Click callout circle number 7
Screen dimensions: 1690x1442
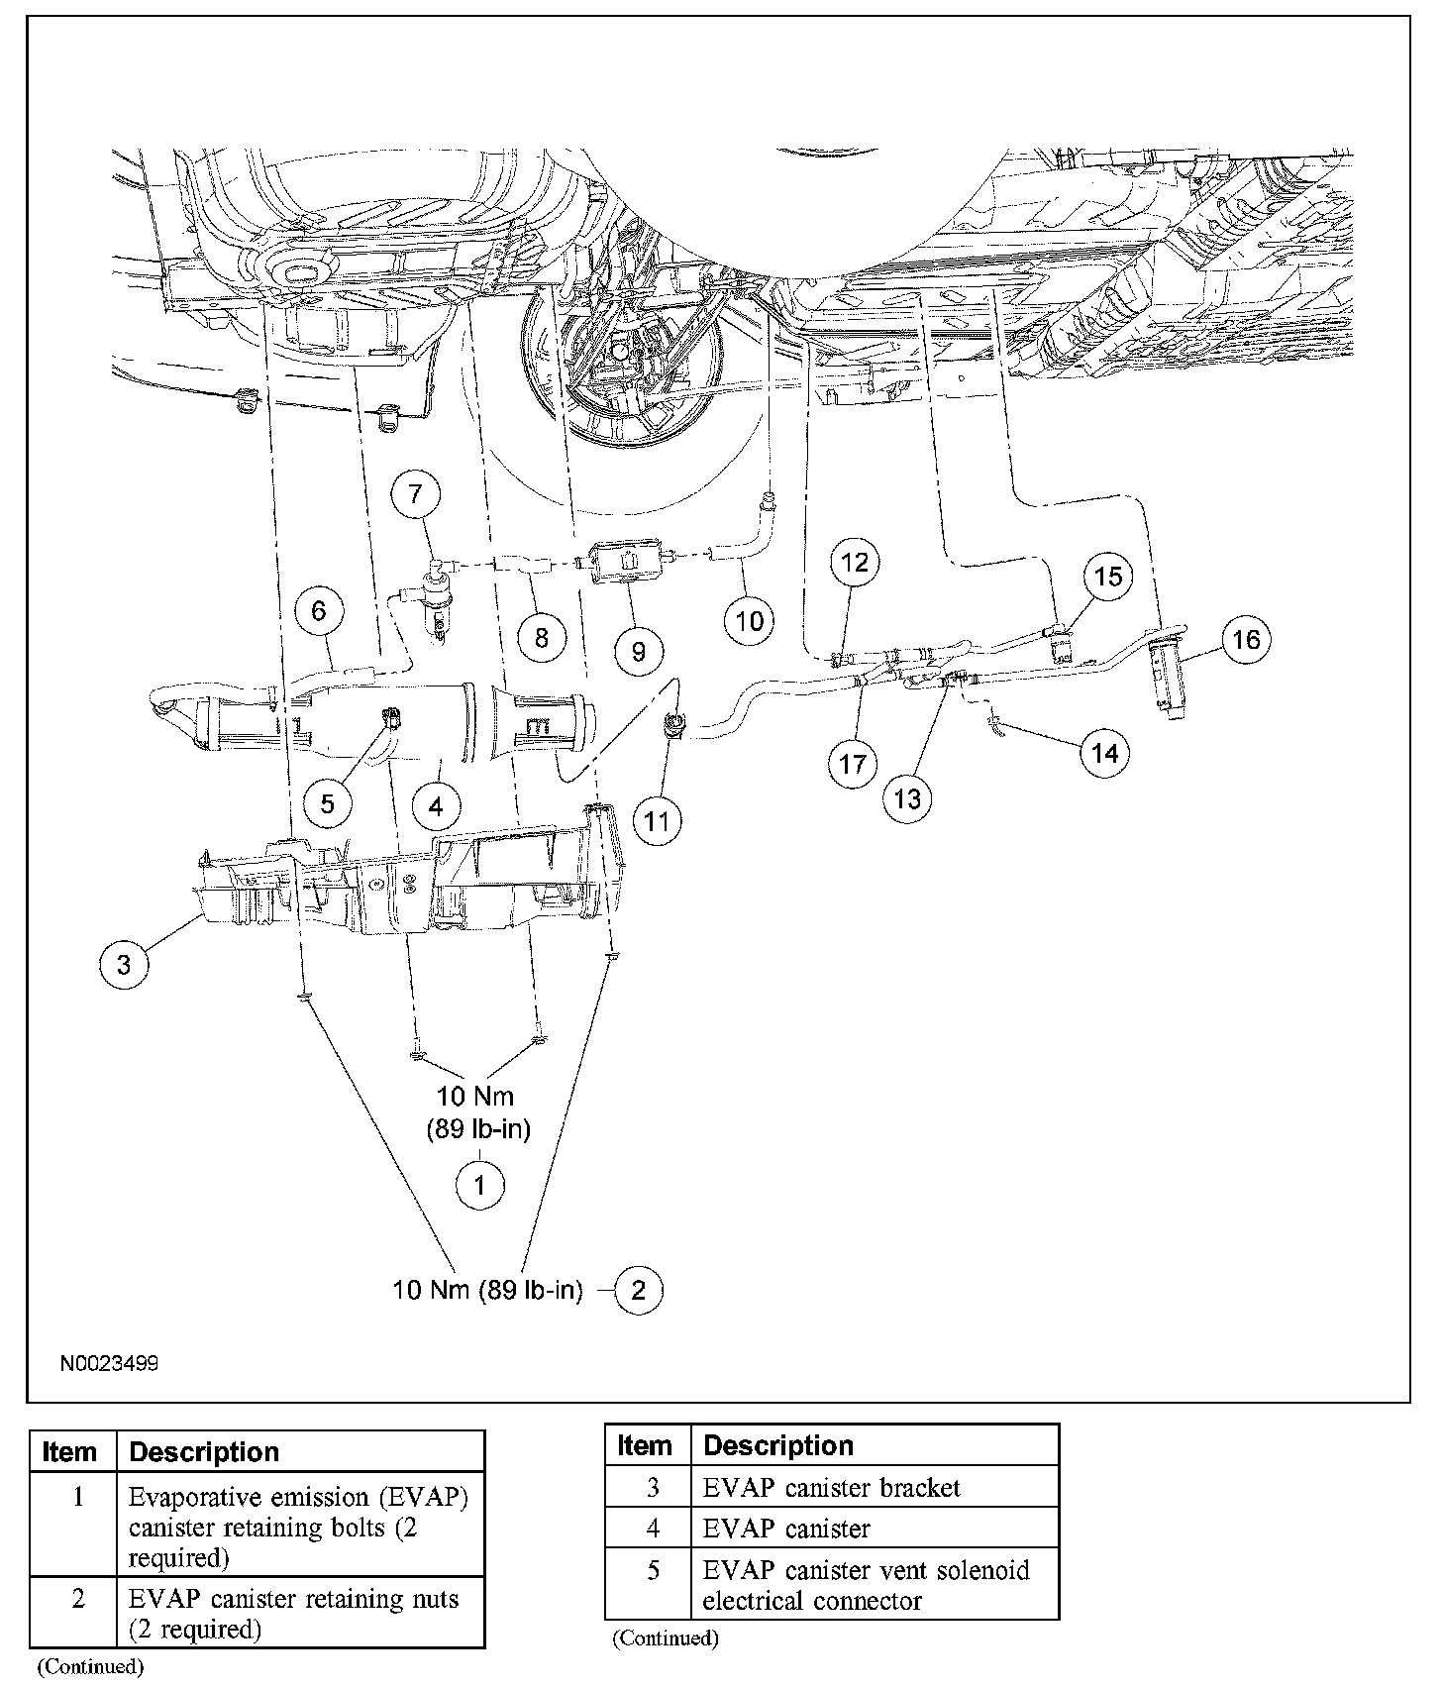coord(415,493)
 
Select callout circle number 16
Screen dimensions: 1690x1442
coord(1246,640)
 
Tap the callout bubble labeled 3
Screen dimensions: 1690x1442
coord(124,964)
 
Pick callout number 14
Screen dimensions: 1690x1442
coord(1104,754)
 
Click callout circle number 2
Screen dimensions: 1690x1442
coord(638,1290)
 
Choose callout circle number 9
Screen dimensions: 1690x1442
coord(638,651)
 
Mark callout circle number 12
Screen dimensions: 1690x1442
coord(854,564)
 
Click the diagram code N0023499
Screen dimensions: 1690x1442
coord(109,1363)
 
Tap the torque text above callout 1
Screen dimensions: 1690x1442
coord(478,1111)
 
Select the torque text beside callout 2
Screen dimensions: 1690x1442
coord(487,1290)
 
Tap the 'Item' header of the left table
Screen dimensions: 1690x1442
coord(69,1452)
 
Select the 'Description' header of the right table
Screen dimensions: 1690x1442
coord(778,1445)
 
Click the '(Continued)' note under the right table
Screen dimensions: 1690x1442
coord(666,1638)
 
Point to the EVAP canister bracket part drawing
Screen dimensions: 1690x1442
coord(416,882)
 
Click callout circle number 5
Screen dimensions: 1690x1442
coord(328,803)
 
